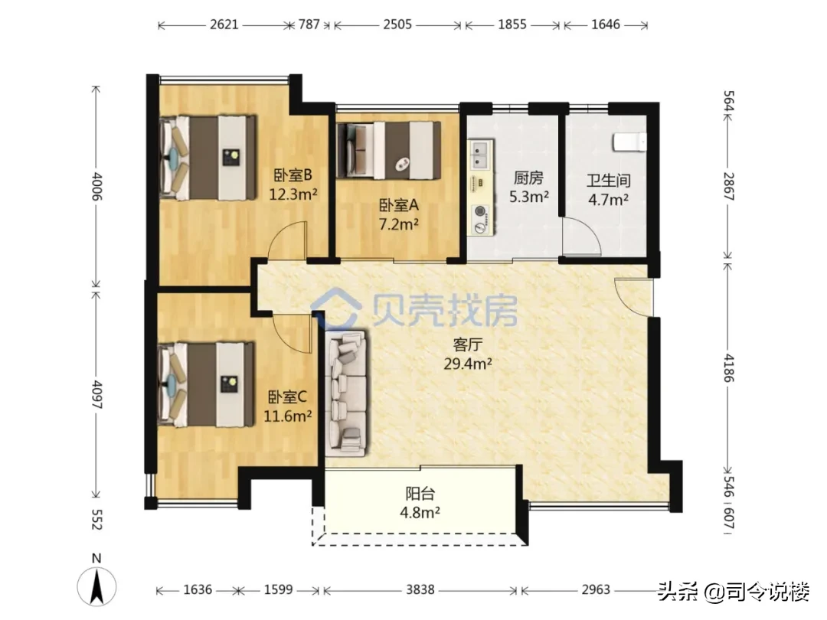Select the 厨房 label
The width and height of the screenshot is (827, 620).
click(x=528, y=178)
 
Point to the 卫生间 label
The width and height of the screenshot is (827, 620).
click(x=609, y=181)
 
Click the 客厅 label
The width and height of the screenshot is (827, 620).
click(x=467, y=344)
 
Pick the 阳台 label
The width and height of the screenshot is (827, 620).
click(x=420, y=494)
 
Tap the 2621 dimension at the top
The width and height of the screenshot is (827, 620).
click(x=224, y=24)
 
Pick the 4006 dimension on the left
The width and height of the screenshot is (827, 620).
click(x=96, y=187)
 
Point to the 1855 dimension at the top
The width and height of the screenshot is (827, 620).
click(x=512, y=24)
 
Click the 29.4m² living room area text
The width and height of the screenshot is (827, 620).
click(x=467, y=364)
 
